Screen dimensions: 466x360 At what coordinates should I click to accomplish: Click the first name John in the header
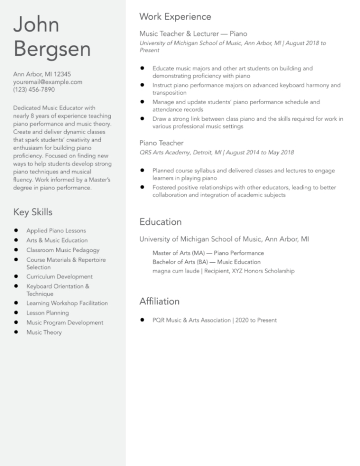(x=36, y=25)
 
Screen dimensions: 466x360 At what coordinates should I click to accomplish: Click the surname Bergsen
(x=52, y=49)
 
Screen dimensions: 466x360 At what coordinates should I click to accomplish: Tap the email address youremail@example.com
(x=47, y=82)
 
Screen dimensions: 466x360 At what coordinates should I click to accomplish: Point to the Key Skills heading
(x=33, y=212)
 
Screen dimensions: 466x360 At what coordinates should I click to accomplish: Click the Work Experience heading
(x=175, y=17)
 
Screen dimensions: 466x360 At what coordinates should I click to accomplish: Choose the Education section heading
(x=160, y=222)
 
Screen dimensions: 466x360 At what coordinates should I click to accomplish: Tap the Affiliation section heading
(x=159, y=301)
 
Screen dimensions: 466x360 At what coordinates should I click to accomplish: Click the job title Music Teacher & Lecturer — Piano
(x=193, y=34)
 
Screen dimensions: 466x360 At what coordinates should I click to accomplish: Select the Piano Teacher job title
(x=161, y=143)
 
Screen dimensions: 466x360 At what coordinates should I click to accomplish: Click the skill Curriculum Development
(x=59, y=277)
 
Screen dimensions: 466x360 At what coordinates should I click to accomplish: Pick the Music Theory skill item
(x=44, y=333)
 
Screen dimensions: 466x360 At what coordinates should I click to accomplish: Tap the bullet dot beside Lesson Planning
(x=16, y=313)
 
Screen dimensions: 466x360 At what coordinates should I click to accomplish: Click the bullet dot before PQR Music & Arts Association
(x=142, y=320)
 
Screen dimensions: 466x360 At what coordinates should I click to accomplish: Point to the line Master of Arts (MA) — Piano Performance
(x=208, y=253)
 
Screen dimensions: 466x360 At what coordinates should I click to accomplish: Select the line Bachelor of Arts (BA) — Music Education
(x=206, y=262)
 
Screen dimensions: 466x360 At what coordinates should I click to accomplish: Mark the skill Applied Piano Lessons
(x=56, y=231)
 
